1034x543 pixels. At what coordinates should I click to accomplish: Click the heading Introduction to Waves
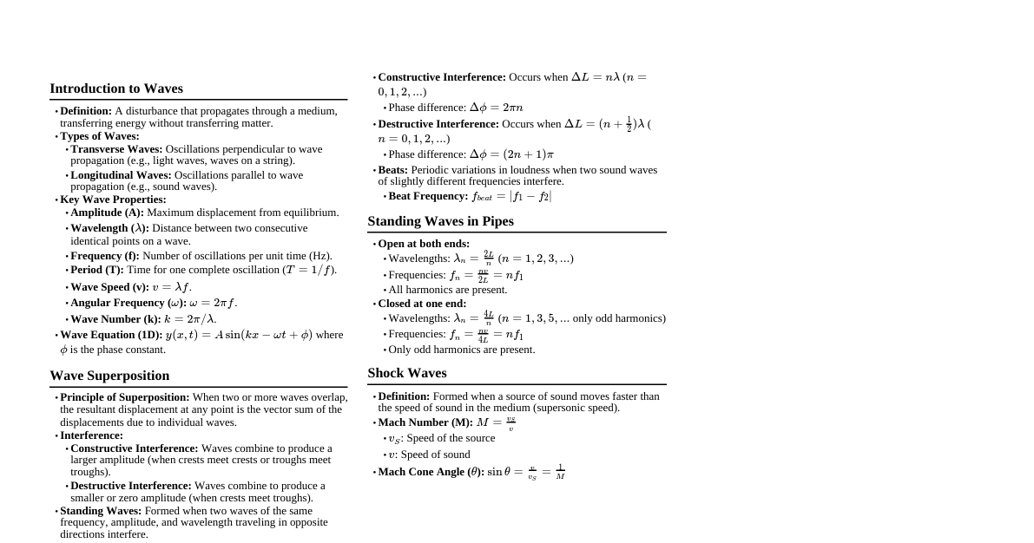(116, 88)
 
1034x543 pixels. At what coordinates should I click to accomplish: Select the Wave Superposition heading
(109, 376)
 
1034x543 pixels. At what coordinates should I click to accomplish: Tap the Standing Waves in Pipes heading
(440, 221)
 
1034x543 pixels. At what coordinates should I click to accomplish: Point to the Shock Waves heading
(407, 373)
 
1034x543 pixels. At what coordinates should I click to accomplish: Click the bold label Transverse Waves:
(116, 149)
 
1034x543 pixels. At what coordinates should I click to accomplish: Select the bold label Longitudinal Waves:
(121, 175)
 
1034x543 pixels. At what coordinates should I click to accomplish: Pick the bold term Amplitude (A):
(107, 213)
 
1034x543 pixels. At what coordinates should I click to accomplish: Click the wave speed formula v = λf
(172, 287)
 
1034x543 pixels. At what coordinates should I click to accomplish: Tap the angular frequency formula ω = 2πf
(213, 303)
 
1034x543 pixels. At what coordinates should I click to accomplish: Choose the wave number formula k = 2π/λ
(190, 319)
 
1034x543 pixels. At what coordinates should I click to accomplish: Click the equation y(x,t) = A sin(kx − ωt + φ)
(239, 335)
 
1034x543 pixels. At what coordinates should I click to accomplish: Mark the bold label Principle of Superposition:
(124, 397)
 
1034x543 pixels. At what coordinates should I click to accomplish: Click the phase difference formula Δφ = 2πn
(496, 108)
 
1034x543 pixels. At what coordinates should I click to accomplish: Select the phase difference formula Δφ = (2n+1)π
(511, 154)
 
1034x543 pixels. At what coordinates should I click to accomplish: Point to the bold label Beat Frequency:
(428, 196)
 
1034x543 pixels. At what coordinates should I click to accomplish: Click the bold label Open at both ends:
(424, 244)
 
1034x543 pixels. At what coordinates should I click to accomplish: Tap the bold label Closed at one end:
(422, 304)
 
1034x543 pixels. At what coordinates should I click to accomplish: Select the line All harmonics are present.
(448, 290)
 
